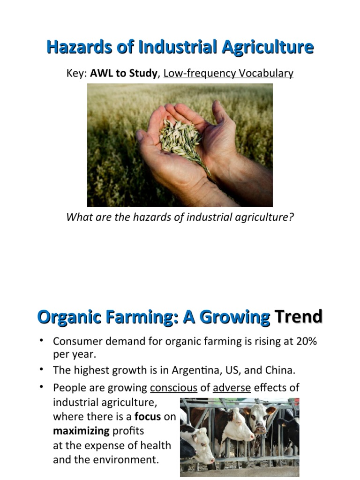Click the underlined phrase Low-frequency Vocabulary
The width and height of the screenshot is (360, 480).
[228, 74]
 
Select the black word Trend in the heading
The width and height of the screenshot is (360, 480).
[299, 317]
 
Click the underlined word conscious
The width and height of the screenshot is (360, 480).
[173, 388]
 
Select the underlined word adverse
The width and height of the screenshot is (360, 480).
[232, 388]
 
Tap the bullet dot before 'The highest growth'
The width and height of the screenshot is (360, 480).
[42, 369]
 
